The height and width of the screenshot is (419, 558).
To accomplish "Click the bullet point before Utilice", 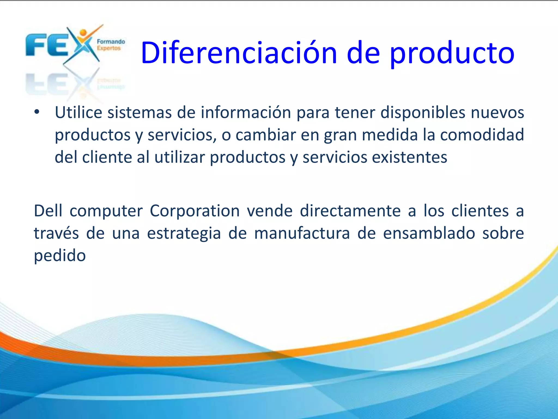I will (37, 112).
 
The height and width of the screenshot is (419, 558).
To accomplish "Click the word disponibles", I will (423, 112).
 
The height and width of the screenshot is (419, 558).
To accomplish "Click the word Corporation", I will (195, 211).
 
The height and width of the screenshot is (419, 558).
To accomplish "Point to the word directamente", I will (350, 211).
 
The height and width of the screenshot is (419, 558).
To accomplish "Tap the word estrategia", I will (184, 234).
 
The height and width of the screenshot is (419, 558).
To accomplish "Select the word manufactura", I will (302, 234).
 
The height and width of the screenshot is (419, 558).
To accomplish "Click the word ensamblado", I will (429, 234).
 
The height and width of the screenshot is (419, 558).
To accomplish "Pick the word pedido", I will (60, 256).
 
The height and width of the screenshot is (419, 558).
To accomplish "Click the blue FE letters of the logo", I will (46, 45).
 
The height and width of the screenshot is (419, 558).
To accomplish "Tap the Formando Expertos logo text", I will (111, 45).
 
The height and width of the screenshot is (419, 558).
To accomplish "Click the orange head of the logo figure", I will (83, 33).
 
